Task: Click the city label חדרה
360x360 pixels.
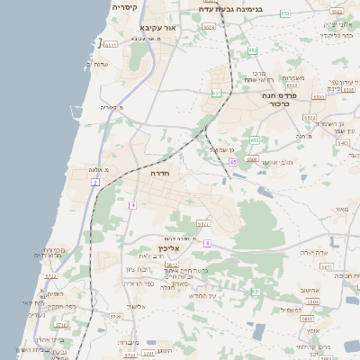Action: (x=161, y=172)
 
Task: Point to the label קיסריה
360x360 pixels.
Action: (x=125, y=7)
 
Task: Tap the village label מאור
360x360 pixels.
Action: (x=340, y=210)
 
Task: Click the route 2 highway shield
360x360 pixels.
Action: (x=94, y=183)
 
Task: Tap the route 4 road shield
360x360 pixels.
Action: (x=132, y=205)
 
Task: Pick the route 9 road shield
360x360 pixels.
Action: (x=206, y=243)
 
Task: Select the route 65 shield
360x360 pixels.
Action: (x=233, y=162)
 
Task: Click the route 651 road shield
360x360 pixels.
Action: (x=216, y=93)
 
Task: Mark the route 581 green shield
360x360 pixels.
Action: (x=256, y=292)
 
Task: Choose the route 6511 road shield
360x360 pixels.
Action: (x=111, y=43)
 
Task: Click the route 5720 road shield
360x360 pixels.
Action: (x=114, y=317)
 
